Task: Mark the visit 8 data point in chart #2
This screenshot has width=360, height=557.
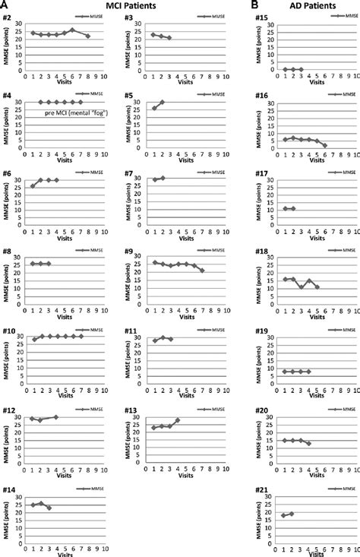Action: click(88, 36)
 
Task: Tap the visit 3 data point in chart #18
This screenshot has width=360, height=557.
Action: click(301, 287)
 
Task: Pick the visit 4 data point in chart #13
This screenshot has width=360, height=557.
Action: click(178, 419)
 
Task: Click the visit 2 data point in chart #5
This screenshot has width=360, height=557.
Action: click(162, 102)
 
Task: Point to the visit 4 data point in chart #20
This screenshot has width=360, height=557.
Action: click(308, 443)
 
